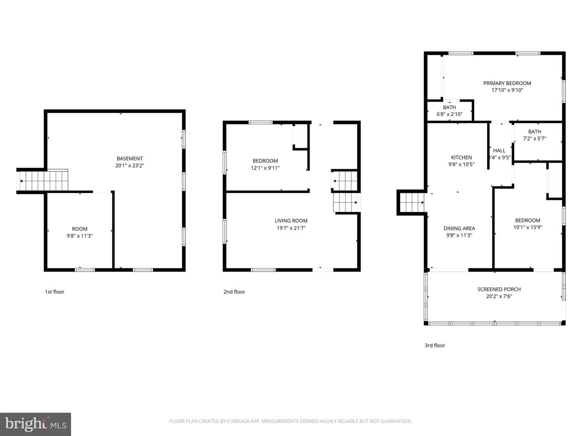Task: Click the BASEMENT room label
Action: coord(129,159)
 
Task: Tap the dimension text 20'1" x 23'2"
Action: coord(129,166)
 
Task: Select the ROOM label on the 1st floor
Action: coord(80,229)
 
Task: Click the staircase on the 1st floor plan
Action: coord(42,181)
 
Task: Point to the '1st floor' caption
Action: coord(54,292)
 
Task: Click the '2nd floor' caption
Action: coord(234,292)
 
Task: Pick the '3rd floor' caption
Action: coord(435,346)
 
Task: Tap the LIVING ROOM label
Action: coord(291,221)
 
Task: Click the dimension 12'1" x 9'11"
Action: coord(265,168)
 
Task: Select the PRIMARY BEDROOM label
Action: coord(507,83)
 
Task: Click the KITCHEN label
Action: coord(462,157)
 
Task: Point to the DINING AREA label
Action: coord(459,228)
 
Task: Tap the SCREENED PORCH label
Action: coord(499,289)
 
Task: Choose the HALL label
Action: coord(499,151)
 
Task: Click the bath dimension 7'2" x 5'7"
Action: coord(535,138)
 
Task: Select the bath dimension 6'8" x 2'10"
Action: coord(449,114)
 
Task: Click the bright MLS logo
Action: coord(36,424)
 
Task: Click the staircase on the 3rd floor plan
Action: coord(412,203)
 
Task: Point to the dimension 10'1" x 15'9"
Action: coord(528,227)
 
